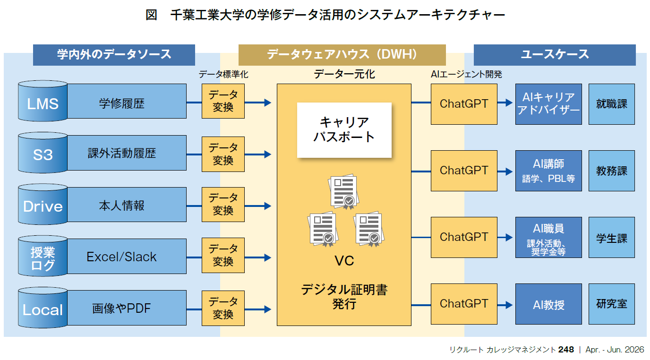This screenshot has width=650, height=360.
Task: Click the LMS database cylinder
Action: tap(43, 102)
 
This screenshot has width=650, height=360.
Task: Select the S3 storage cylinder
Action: tap(43, 154)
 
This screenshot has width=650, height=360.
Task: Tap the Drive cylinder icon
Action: tap(43, 205)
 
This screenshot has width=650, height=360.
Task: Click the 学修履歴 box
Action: tap(127, 102)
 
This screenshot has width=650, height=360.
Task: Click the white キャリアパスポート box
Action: tap(344, 130)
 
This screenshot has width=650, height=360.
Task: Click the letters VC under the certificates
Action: tap(344, 261)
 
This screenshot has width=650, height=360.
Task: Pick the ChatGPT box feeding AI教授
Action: tap(463, 304)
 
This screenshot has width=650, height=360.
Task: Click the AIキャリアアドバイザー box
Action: tap(548, 104)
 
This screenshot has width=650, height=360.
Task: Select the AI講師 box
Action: tap(548, 171)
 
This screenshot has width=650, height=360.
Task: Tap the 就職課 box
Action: tap(611, 104)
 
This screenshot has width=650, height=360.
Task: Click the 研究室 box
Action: tap(611, 304)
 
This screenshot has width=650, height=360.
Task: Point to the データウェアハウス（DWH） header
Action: tap(342, 55)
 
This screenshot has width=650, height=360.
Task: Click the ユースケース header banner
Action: tap(554, 55)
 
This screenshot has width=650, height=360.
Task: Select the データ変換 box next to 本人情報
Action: tap(223, 204)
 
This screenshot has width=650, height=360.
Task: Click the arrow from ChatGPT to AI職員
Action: tap(505, 237)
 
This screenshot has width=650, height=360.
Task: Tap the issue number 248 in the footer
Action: tap(565, 350)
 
